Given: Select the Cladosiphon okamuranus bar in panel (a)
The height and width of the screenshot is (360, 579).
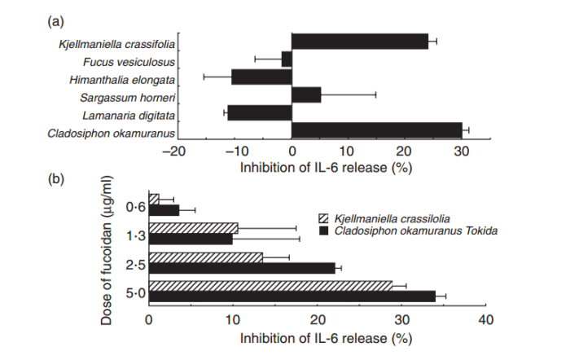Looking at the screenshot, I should click(x=376, y=130).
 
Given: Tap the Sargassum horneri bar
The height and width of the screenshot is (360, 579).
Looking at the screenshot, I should click(x=306, y=94).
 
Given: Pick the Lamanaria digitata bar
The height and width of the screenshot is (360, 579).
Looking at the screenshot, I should click(x=259, y=112).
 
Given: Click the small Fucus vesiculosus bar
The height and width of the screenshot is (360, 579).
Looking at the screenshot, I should click(x=287, y=59).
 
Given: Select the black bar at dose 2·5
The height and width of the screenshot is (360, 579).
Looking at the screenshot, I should click(x=242, y=268).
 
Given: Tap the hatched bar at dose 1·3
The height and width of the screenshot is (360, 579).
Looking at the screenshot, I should click(x=193, y=227).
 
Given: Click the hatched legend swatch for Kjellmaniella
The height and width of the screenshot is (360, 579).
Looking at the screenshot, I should click(x=323, y=218).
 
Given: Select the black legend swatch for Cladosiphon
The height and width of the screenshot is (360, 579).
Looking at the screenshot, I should click(x=323, y=231).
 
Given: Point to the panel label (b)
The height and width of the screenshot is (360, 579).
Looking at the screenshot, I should click(x=57, y=178).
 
